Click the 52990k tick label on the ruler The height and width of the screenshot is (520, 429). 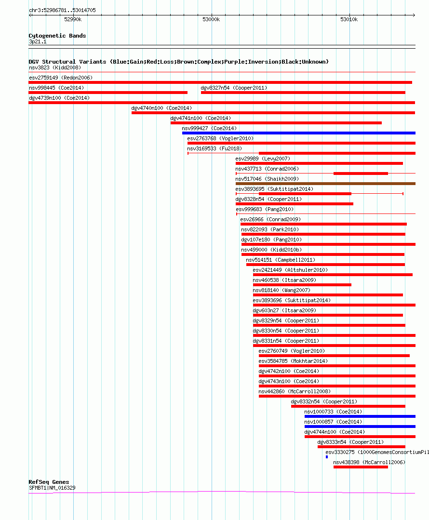pyautogui.click(x=73, y=19)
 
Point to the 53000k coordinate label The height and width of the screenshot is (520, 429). pyautogui.click(x=211, y=19)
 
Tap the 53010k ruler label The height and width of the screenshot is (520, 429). pyautogui.click(x=349, y=19)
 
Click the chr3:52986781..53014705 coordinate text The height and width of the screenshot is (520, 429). pyautogui.click(x=62, y=10)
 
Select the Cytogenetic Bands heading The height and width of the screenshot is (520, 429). pyautogui.click(x=57, y=36)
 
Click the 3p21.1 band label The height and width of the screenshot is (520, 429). pyautogui.click(x=38, y=41)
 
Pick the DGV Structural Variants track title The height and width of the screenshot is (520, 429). pyautogui.click(x=178, y=62)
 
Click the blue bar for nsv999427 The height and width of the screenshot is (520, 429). pyautogui.click(x=298, y=133)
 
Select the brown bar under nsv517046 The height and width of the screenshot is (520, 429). pyautogui.click(x=325, y=184)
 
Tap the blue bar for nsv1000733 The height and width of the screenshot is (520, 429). pyautogui.click(x=360, y=416)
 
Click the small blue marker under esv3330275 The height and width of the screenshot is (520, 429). pyautogui.click(x=327, y=457)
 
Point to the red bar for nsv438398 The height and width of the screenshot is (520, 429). pyautogui.click(x=361, y=467)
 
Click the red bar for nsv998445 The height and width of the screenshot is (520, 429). pyautogui.click(x=108, y=93)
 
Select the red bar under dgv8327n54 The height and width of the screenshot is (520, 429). pyautogui.click(x=303, y=93)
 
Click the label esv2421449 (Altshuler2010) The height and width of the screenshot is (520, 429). pyautogui.click(x=290, y=270)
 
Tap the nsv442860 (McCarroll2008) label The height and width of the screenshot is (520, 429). pyautogui.click(x=295, y=391)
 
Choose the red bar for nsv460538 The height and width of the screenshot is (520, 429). pyautogui.click(x=302, y=285)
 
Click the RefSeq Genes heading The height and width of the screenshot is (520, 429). pyautogui.click(x=49, y=482)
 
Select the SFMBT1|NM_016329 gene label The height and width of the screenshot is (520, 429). pyautogui.click(x=52, y=488)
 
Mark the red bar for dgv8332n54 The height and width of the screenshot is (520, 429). pyautogui.click(x=348, y=406)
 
